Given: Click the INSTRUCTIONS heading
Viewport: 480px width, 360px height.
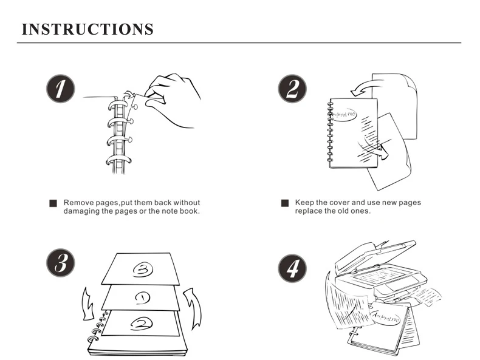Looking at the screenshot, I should pos(87,29).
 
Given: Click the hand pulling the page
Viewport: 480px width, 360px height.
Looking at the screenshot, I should pos(173,97).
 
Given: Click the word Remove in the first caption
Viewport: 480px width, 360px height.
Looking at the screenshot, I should pos(78,203).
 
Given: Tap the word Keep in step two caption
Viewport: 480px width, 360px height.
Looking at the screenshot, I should pos(304,203).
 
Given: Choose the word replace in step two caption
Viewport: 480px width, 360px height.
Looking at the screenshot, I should pos(309,211).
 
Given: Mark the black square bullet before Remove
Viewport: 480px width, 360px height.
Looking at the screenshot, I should pos(53,204).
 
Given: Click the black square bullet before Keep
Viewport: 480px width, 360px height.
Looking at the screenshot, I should pos(284,203).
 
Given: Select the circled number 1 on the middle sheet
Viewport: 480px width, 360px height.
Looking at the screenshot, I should pos(141,297).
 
